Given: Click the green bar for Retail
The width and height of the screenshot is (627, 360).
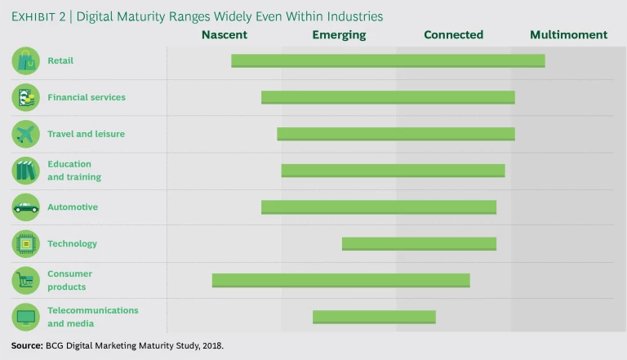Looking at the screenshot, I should pyautogui.click(x=388, y=60).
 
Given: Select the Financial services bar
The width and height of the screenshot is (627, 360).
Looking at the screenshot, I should pyautogui.click(x=388, y=97).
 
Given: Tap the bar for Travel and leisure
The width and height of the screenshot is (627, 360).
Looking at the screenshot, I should pyautogui.click(x=396, y=134).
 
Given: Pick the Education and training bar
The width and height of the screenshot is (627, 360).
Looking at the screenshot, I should pyautogui.click(x=393, y=171).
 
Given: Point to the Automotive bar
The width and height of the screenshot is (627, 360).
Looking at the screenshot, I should pyautogui.click(x=379, y=207).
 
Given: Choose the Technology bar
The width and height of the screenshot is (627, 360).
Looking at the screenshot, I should pyautogui.click(x=419, y=243).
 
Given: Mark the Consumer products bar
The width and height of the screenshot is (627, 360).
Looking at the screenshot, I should pyautogui.click(x=340, y=280).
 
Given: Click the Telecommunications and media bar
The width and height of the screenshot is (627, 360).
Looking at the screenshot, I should pyautogui.click(x=374, y=317).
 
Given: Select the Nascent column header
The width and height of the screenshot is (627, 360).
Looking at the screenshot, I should pyautogui.click(x=225, y=35).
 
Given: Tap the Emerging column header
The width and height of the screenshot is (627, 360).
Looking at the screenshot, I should pyautogui.click(x=339, y=35).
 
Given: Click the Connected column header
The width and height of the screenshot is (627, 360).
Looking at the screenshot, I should pyautogui.click(x=453, y=35).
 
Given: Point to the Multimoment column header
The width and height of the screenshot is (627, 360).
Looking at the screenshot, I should pyautogui.click(x=568, y=35).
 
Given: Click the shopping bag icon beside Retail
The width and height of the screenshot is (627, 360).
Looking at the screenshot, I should pyautogui.click(x=25, y=60).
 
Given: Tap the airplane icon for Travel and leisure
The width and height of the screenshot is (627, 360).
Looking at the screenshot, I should pyautogui.click(x=25, y=134).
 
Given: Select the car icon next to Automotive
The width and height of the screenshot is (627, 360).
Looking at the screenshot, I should pyautogui.click(x=25, y=207).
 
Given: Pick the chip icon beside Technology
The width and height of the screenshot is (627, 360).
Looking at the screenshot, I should pyautogui.click(x=25, y=243).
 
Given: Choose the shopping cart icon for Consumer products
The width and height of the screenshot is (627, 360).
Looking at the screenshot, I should pyautogui.click(x=25, y=280).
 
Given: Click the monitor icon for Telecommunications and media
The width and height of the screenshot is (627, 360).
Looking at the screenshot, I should pyautogui.click(x=25, y=317).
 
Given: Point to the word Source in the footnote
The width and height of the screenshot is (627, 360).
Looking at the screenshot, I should pyautogui.click(x=27, y=345).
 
